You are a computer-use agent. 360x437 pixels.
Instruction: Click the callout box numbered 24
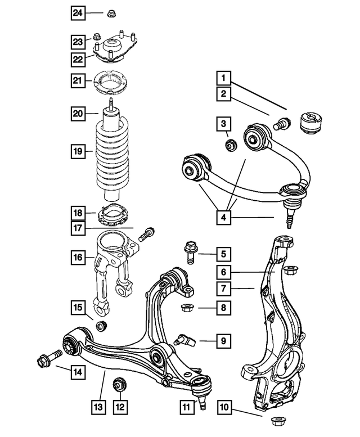[78, 13]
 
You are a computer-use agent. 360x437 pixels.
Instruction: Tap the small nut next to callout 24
[111, 13]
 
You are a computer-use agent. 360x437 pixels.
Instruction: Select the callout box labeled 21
[78, 80]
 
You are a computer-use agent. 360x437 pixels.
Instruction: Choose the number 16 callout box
[78, 257]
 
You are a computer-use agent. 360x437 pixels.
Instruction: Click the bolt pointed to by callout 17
[147, 235]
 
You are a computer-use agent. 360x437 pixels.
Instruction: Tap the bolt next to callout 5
[190, 252]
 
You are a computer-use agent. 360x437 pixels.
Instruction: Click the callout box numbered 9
[224, 341]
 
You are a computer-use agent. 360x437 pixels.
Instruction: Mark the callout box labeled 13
[98, 407]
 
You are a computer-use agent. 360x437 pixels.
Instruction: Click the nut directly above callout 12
[120, 385]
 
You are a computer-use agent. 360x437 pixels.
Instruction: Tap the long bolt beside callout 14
[49, 358]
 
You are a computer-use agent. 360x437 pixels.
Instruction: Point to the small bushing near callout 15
[101, 326]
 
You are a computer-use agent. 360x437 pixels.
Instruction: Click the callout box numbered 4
[224, 217]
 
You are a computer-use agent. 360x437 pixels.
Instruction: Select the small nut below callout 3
[231, 145]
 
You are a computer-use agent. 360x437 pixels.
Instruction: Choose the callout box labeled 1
[224, 78]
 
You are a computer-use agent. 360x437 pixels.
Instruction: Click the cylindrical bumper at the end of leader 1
[311, 123]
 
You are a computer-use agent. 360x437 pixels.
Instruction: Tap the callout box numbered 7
[224, 289]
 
